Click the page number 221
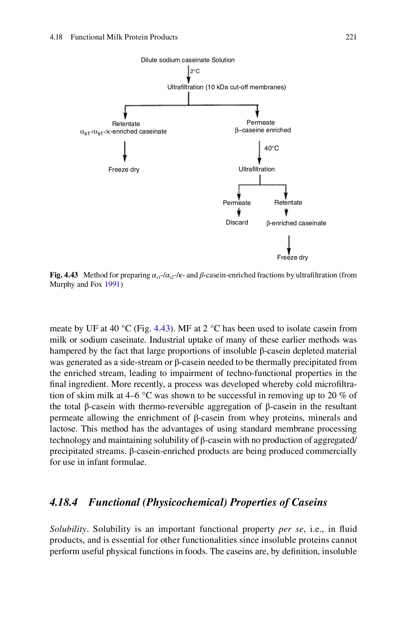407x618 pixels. [x=351, y=37]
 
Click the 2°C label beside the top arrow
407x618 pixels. [x=195, y=71]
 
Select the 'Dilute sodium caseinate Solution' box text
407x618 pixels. [x=188, y=60]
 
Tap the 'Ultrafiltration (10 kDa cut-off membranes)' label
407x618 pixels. [x=226, y=87]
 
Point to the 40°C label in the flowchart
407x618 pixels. [x=271, y=148]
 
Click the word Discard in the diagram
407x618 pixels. [x=237, y=222]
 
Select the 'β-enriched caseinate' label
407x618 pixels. [x=296, y=223]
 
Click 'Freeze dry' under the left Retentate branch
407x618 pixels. [x=124, y=170]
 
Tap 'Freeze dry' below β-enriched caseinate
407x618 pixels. [x=292, y=257]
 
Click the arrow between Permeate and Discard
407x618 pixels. [x=237, y=212]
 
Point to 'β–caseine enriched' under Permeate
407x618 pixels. [x=263, y=130]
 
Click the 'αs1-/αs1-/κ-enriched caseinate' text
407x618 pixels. [x=123, y=132]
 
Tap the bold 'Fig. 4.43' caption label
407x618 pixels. [x=64, y=275]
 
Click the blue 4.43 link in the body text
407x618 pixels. [x=162, y=329]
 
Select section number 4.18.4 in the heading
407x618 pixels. [x=64, y=502]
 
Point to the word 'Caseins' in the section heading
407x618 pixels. [x=309, y=502]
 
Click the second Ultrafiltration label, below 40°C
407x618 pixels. [x=256, y=169]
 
